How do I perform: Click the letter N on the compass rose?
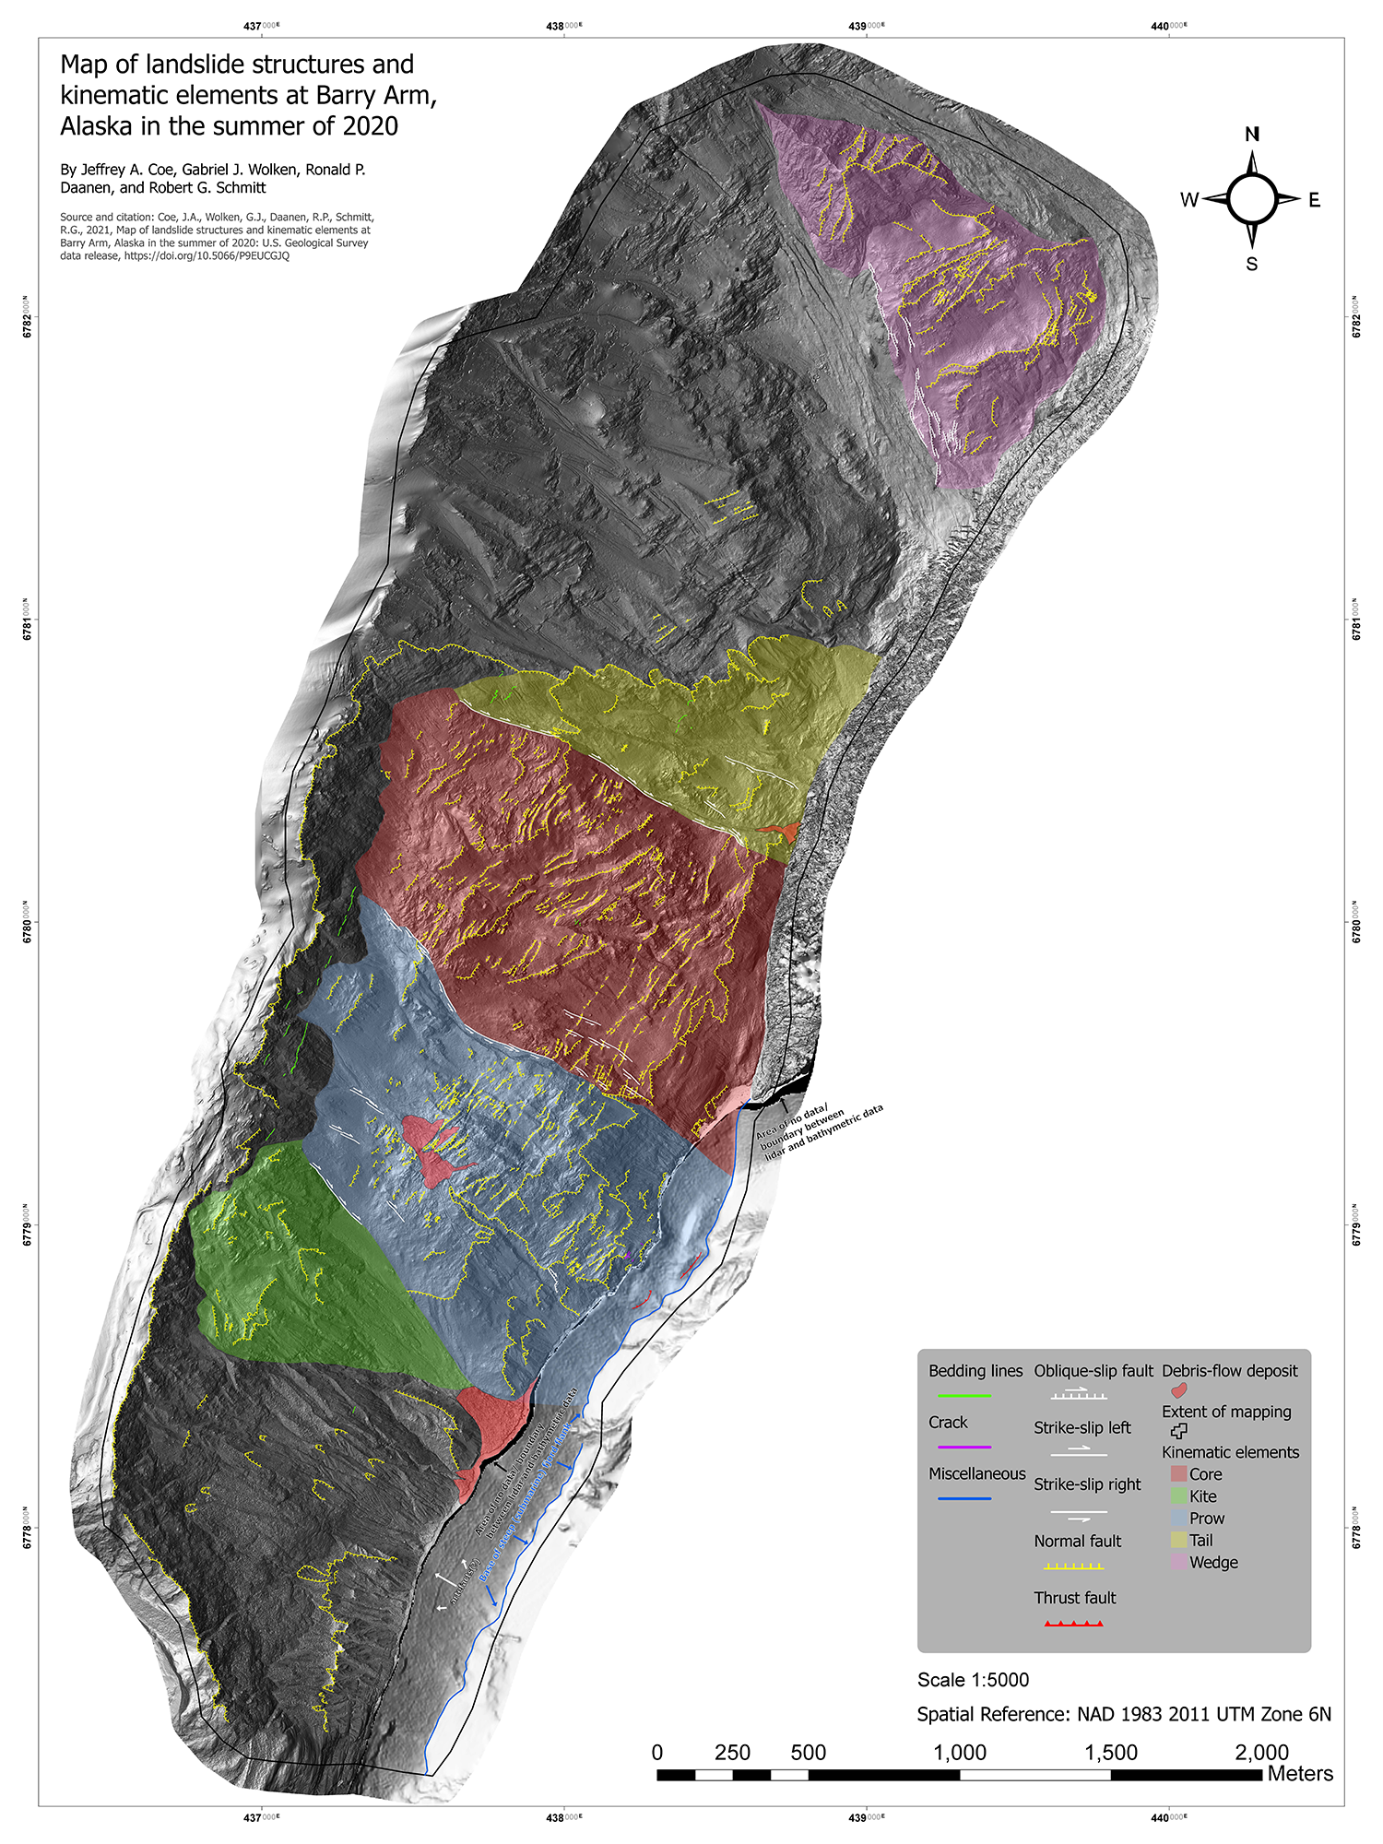1252,135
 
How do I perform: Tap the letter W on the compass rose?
1189,200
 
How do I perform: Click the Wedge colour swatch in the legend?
1178,1562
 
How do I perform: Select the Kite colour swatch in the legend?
1178,1495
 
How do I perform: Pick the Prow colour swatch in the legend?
1178,1518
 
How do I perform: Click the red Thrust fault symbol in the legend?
1074,1623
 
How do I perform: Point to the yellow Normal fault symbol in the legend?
1074,1566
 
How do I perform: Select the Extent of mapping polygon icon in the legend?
1178,1431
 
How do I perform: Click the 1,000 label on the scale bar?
960,1753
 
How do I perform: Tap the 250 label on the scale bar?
732,1753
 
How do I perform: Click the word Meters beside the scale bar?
1300,1774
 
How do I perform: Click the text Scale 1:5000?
973,1680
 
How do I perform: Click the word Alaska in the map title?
98,126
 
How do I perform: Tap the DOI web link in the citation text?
207,256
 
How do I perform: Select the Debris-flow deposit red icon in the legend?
1178,1390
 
